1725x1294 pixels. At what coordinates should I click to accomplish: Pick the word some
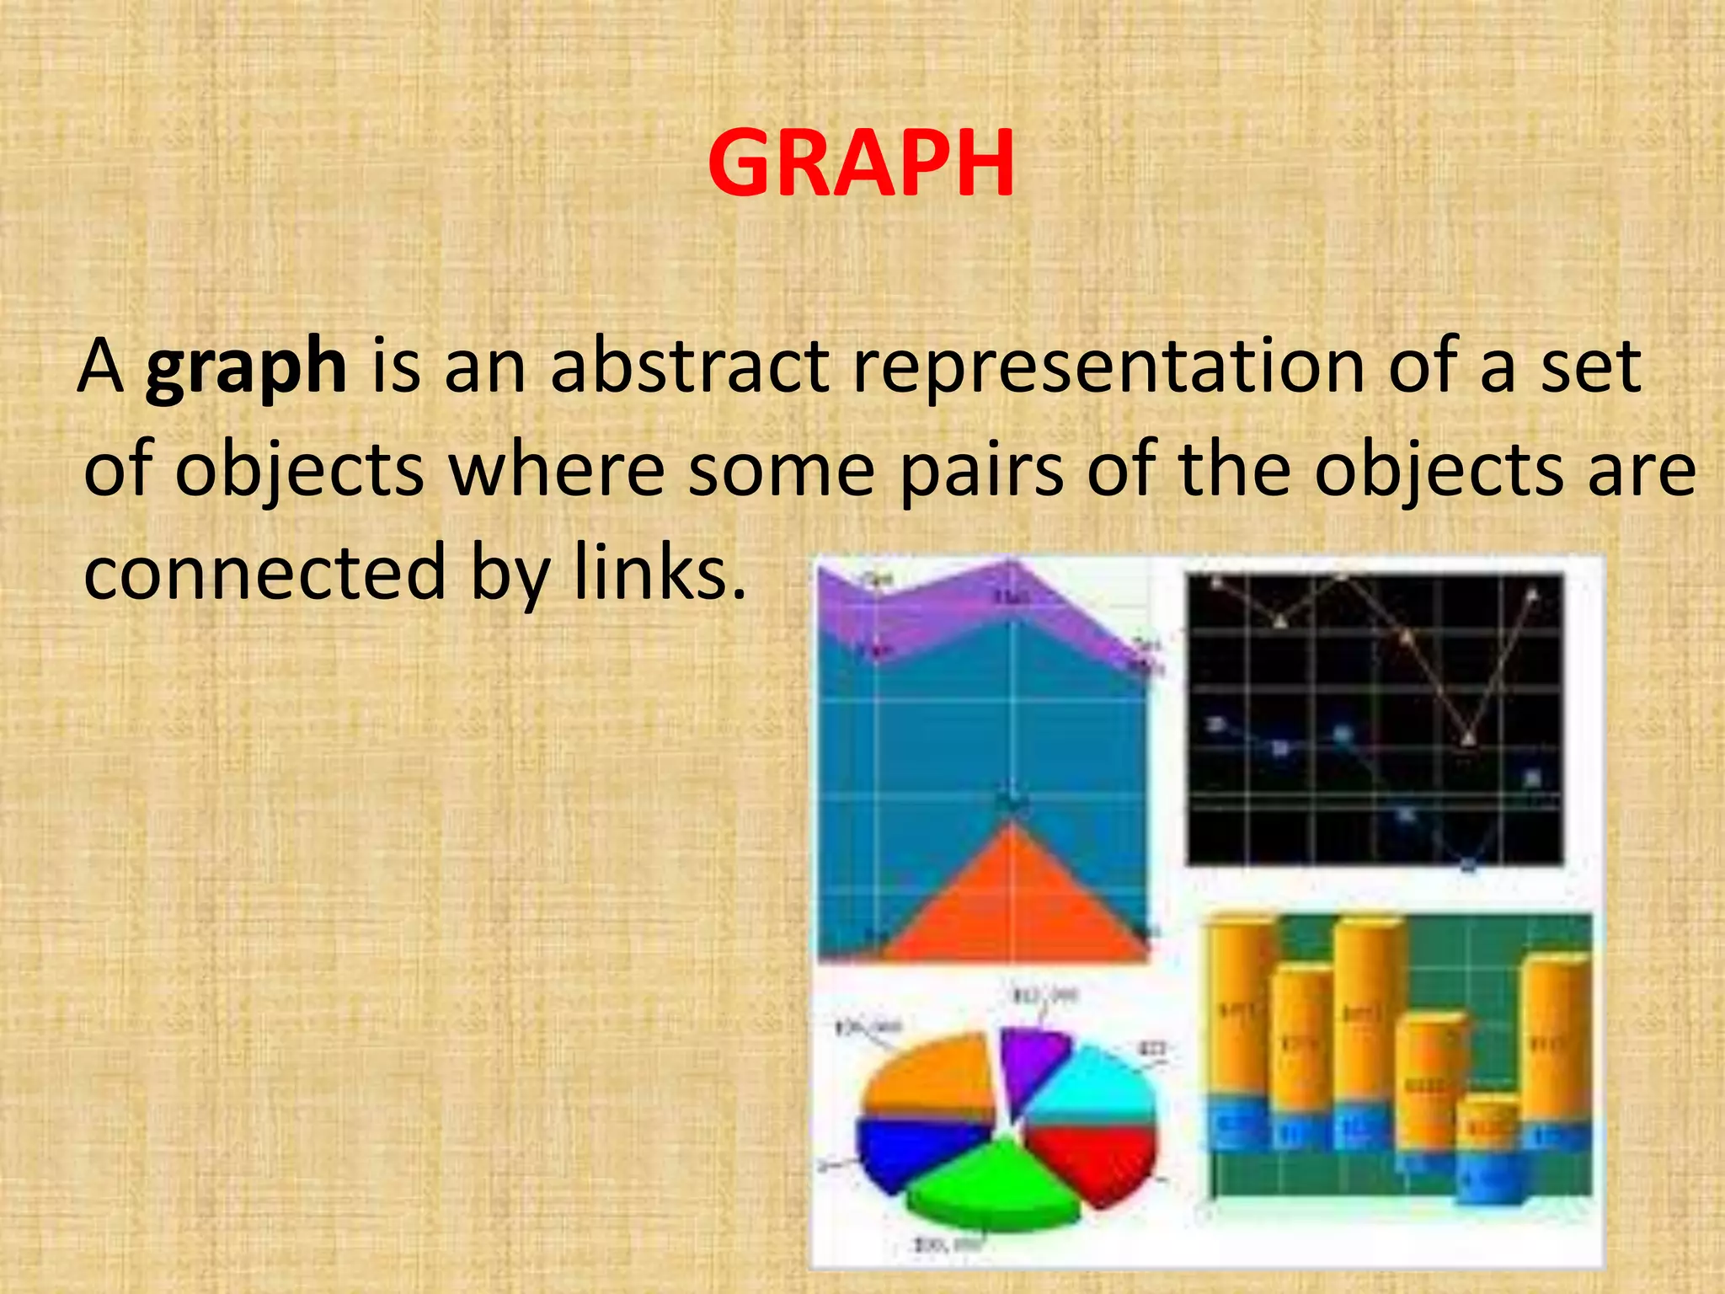click(782, 472)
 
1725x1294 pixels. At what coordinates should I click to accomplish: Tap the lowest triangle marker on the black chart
click(1468, 738)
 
